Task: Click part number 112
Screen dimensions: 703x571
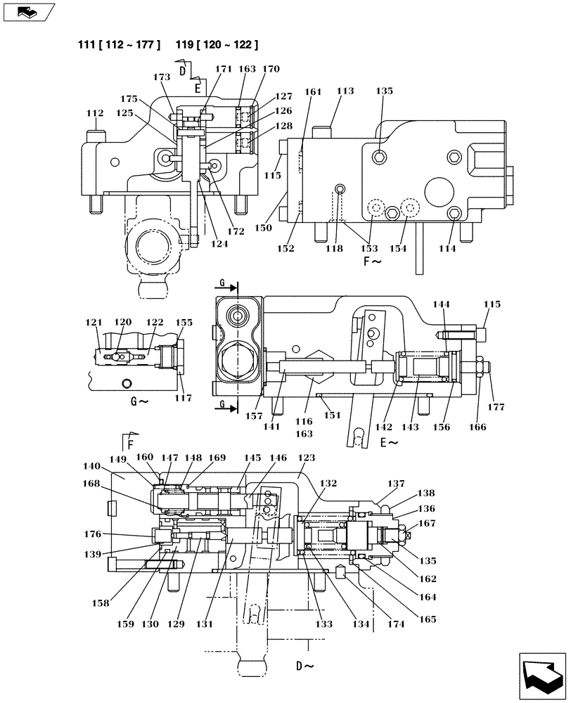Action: pyautogui.click(x=94, y=113)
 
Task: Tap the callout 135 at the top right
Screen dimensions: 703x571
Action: pyautogui.click(x=384, y=91)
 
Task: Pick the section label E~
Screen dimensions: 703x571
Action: pyautogui.click(x=389, y=443)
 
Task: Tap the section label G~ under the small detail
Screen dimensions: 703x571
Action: pyautogui.click(x=139, y=401)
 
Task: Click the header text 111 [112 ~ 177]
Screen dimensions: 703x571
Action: pyautogui.click(x=119, y=46)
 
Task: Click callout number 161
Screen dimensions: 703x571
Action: pyautogui.click(x=313, y=91)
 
